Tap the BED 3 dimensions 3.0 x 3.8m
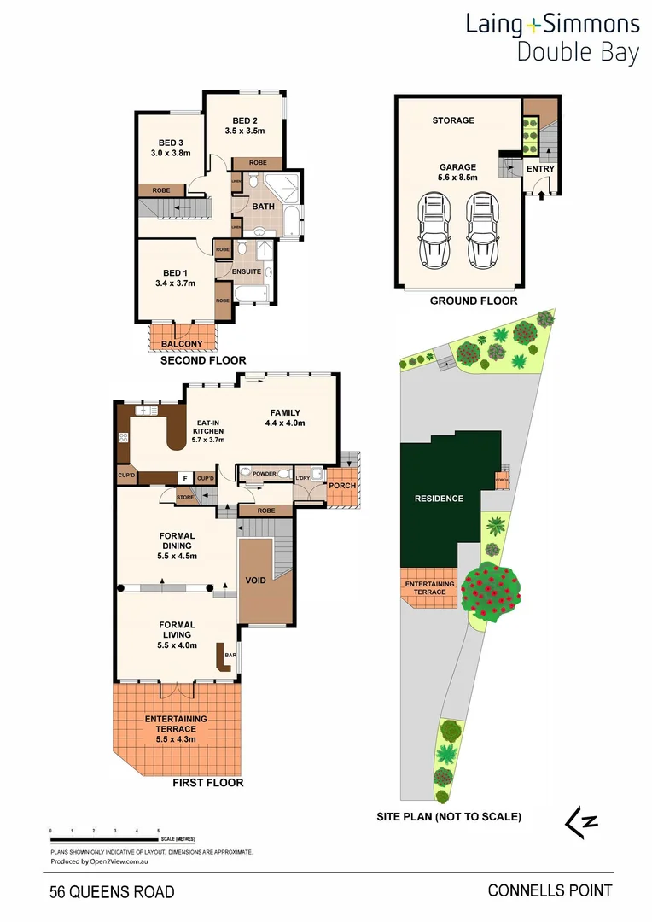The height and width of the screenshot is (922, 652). click(171, 154)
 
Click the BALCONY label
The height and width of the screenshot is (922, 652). click(182, 344)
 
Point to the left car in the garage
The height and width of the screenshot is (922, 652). click(434, 230)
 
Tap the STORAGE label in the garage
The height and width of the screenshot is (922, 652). click(453, 120)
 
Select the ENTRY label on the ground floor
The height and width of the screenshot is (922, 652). click(540, 169)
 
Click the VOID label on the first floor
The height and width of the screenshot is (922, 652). click(256, 581)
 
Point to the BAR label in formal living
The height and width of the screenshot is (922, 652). click(230, 656)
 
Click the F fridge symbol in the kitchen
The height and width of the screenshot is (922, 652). click(183, 478)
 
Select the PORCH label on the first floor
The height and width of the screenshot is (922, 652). click(342, 486)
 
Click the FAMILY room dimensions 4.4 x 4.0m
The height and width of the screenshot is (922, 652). click(285, 423)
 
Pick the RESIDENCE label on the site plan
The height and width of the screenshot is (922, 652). click(439, 499)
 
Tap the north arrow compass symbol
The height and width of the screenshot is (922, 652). click(581, 821)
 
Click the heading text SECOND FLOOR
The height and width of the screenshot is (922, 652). click(203, 361)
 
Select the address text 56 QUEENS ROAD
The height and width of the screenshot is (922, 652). click(112, 892)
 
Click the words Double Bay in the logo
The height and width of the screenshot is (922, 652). click(578, 53)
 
